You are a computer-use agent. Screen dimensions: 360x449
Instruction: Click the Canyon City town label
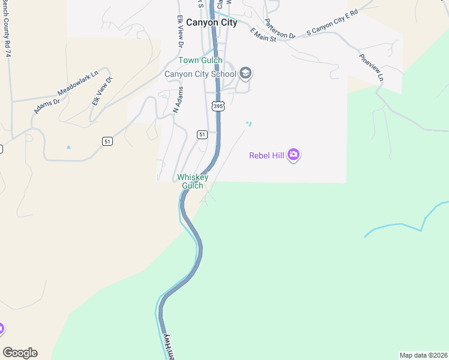tap(211, 23)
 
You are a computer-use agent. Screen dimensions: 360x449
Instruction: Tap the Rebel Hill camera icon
tap(293, 155)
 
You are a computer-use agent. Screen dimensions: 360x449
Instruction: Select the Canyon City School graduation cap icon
tap(245, 74)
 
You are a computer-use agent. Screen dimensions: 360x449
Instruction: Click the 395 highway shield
tap(218, 106)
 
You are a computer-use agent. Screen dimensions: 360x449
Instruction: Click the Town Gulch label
tap(200, 60)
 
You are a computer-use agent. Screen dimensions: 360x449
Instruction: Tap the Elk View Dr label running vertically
tap(179, 31)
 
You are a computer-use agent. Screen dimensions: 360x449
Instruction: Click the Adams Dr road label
tap(47, 106)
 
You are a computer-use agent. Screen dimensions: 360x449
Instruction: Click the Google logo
tap(20, 353)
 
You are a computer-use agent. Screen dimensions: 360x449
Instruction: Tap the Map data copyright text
tap(423, 355)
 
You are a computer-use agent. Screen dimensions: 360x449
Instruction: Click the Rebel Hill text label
tap(267, 155)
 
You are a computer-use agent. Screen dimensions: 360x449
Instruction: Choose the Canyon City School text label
tap(200, 74)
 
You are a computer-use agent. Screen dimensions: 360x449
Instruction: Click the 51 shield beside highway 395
tap(202, 134)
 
